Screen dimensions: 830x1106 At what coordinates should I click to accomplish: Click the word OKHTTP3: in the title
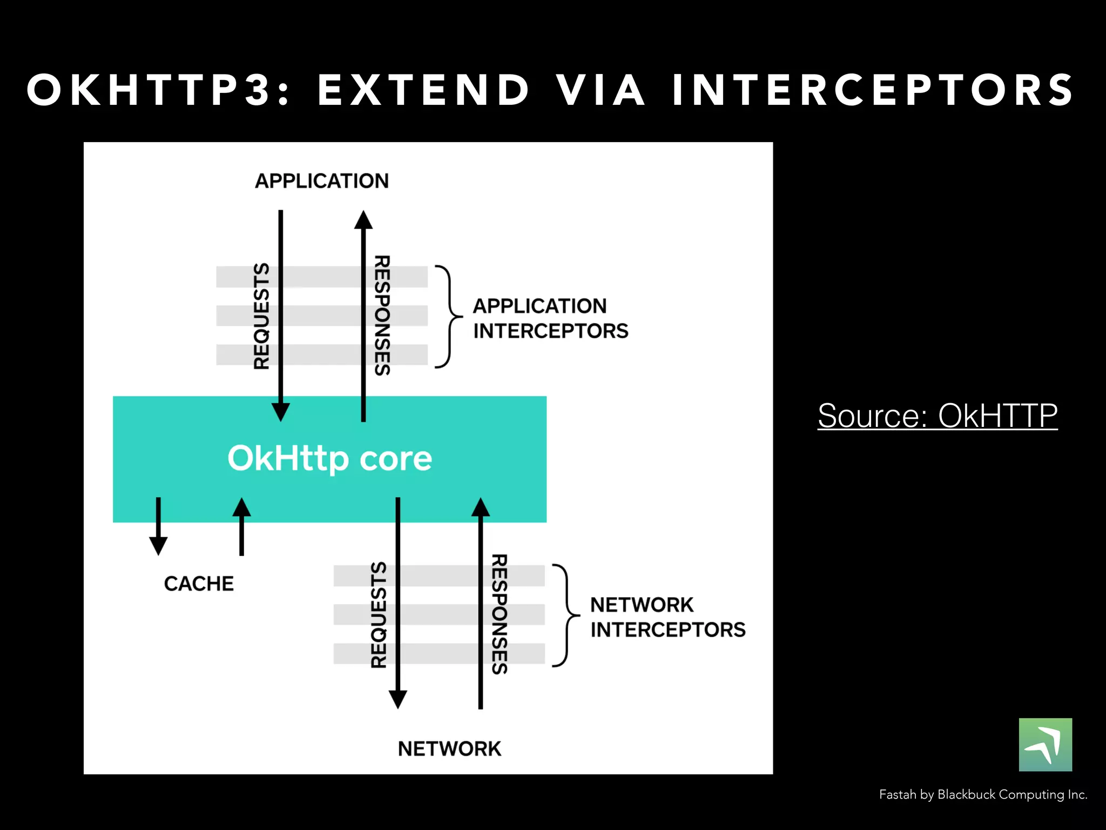tap(158, 90)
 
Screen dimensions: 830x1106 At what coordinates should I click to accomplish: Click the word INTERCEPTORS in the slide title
tap(872, 90)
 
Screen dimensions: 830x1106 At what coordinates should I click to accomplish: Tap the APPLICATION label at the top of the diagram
tap(322, 181)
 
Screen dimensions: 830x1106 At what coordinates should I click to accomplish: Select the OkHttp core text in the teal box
tap(329, 459)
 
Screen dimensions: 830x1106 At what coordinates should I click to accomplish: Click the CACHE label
tap(199, 584)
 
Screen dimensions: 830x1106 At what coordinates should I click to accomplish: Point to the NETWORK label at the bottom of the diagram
tap(449, 749)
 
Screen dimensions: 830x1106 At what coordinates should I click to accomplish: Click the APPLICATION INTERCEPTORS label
tap(550, 318)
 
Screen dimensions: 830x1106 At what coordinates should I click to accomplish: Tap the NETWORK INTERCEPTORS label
tap(667, 617)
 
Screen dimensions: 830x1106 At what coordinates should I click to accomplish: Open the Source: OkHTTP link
tap(937, 416)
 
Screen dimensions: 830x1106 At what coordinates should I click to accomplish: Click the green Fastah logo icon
tap(1045, 745)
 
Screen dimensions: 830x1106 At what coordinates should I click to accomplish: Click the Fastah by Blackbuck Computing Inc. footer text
tap(983, 794)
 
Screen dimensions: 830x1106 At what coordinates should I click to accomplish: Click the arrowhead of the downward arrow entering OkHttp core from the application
tap(280, 412)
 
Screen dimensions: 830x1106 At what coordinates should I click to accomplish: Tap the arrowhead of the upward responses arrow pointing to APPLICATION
tap(363, 220)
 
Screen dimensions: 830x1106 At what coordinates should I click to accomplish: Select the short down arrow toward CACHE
tap(158, 527)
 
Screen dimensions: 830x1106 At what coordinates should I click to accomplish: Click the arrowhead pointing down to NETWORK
tap(398, 699)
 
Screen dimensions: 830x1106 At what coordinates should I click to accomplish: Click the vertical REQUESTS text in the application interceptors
tap(262, 316)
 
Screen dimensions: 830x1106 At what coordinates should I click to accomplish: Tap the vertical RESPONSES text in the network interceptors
tap(499, 614)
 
